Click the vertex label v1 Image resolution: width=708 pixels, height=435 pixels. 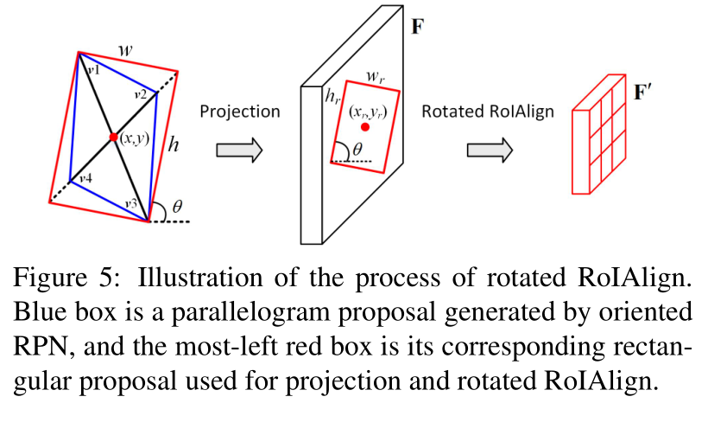pyautogui.click(x=92, y=69)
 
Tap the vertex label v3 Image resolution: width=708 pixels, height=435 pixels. pyautogui.click(x=130, y=202)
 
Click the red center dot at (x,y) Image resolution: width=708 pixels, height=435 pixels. pyautogui.click(x=114, y=138)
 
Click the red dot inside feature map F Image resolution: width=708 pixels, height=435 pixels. pyautogui.click(x=366, y=127)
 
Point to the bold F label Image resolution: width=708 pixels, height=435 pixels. pyautogui.click(x=417, y=26)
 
